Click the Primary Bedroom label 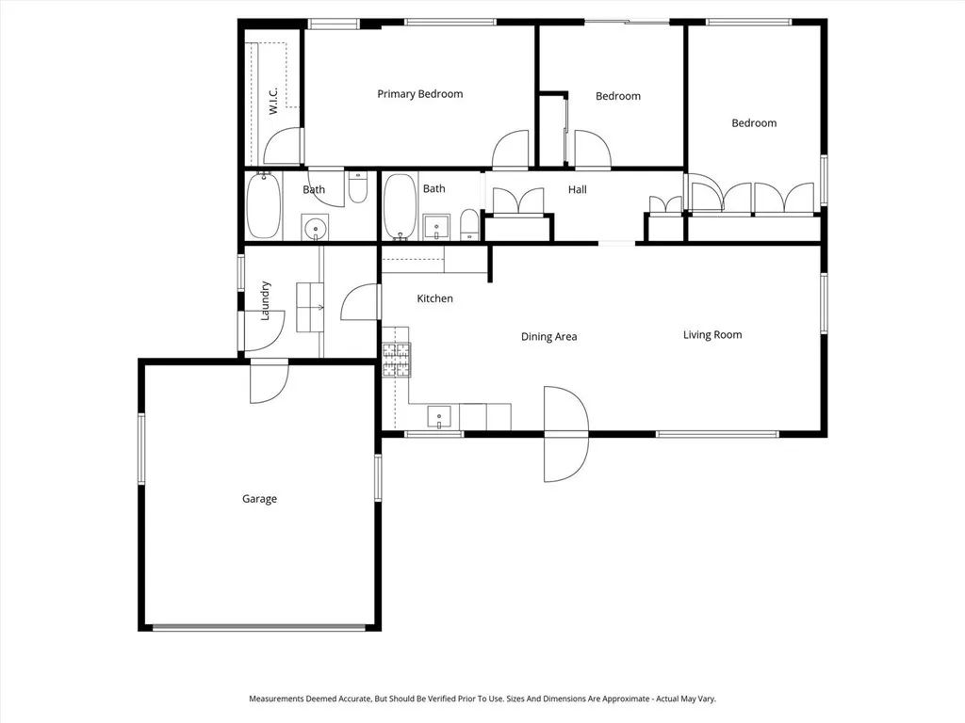click(x=419, y=94)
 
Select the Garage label click(x=259, y=499)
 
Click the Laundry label click(x=266, y=300)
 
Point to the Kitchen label click(x=435, y=298)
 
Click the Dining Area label click(x=548, y=336)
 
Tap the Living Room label click(x=712, y=334)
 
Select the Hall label click(x=578, y=190)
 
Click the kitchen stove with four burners click(x=396, y=360)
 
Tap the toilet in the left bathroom click(x=357, y=188)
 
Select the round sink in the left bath click(x=315, y=228)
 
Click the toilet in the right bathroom click(x=469, y=226)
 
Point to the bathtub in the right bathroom click(x=400, y=207)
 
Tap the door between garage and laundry click(x=269, y=383)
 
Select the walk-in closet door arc click(x=283, y=148)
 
